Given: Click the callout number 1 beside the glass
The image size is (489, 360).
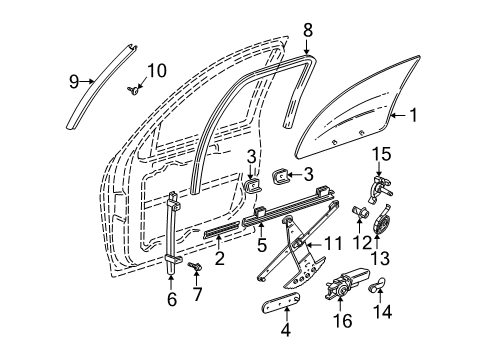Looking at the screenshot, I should [441, 117].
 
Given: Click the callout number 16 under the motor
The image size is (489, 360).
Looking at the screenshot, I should [346, 322].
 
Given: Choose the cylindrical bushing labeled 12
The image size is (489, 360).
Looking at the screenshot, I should [356, 211].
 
